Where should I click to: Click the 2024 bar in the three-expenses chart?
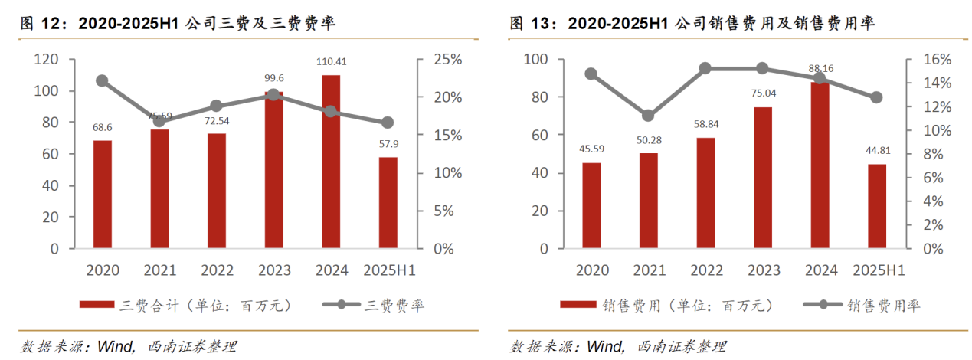(330, 162)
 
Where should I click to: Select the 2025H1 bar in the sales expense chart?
(877, 206)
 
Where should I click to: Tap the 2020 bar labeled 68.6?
(103, 195)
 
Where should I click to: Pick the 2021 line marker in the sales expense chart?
(648, 116)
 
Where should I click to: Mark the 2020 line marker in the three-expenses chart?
(103, 80)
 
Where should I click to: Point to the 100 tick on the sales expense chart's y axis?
(535, 60)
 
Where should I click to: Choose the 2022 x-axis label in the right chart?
(705, 270)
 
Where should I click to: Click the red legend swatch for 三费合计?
(98, 305)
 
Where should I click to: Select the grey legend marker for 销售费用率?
(823, 305)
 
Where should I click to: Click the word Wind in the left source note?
(116, 346)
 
